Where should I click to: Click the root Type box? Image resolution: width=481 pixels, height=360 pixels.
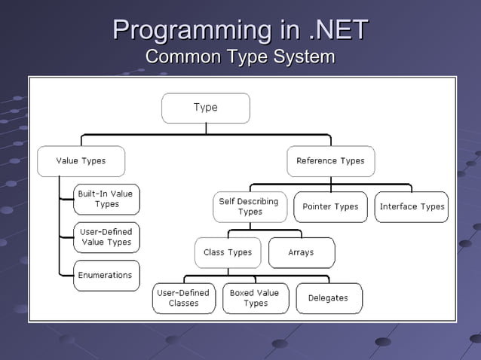point(205,108)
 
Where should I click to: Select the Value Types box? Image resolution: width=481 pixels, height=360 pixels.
point(81,161)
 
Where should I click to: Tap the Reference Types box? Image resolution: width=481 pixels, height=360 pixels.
point(330,161)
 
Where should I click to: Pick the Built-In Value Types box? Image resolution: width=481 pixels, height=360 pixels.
point(106,199)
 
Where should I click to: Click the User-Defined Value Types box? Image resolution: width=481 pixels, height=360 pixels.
point(106,237)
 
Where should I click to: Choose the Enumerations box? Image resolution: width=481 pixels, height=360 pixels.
point(106,276)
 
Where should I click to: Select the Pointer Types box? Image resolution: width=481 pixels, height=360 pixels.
point(330,206)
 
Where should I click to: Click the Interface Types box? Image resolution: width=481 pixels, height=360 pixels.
point(412,206)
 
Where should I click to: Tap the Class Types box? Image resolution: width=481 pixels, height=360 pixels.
point(228,252)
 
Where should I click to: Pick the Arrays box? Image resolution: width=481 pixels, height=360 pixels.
point(301,252)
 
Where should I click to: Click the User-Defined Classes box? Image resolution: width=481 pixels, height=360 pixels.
point(184,298)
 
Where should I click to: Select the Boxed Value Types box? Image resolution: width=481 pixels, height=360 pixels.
point(255,298)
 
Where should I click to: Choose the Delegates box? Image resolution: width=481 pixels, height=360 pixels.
point(329,298)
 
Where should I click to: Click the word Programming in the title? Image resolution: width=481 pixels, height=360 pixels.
point(192,31)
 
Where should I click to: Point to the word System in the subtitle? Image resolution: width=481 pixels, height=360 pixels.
point(300,57)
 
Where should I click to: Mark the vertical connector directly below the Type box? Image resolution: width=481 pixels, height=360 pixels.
point(206,129)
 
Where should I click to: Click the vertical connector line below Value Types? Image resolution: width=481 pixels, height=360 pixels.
point(60,226)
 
